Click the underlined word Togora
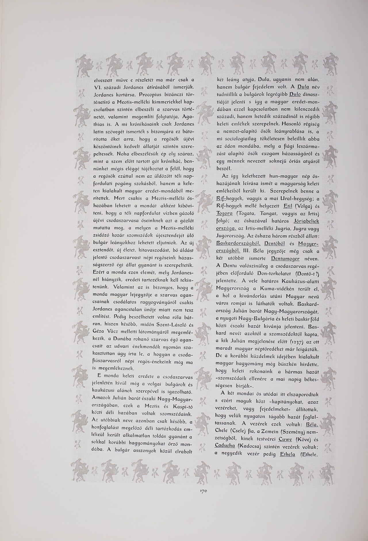(225, 214)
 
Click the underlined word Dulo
(295, 94)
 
